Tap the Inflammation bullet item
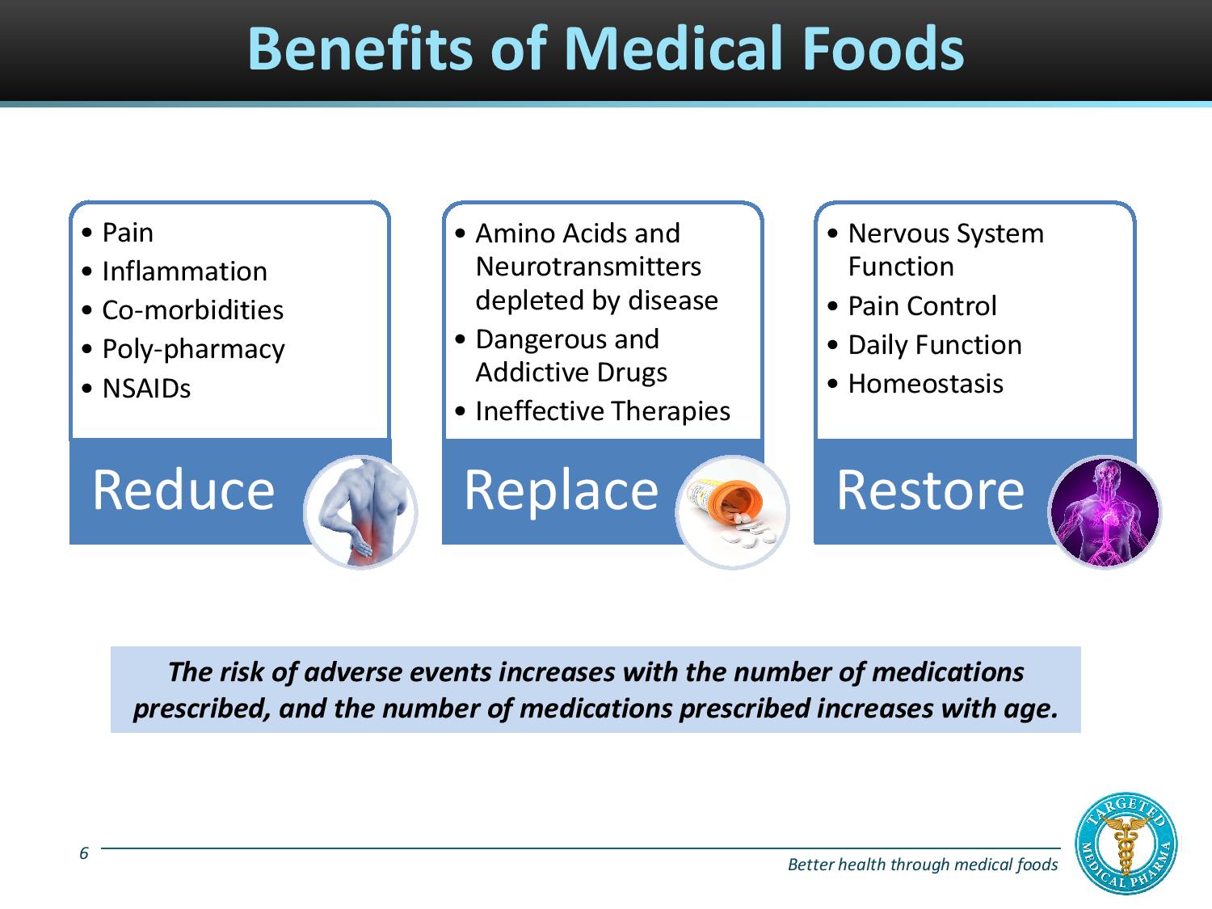tap(184, 271)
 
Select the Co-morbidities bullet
tap(192, 310)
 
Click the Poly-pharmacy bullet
tap(193, 349)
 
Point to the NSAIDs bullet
tap(146, 389)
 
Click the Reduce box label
tap(183, 490)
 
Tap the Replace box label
tap(561, 490)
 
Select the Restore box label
tap(930, 490)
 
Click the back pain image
tap(360, 512)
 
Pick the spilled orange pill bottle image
tap(732, 512)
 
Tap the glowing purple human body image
tap(1104, 512)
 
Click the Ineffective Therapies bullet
tap(602, 411)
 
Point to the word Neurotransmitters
tap(588, 267)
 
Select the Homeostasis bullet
tap(925, 384)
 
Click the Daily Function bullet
tap(934, 345)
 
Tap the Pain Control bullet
tap(922, 306)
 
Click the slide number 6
tap(84, 853)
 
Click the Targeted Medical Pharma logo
tap(1127, 843)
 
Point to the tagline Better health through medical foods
tap(922, 865)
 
